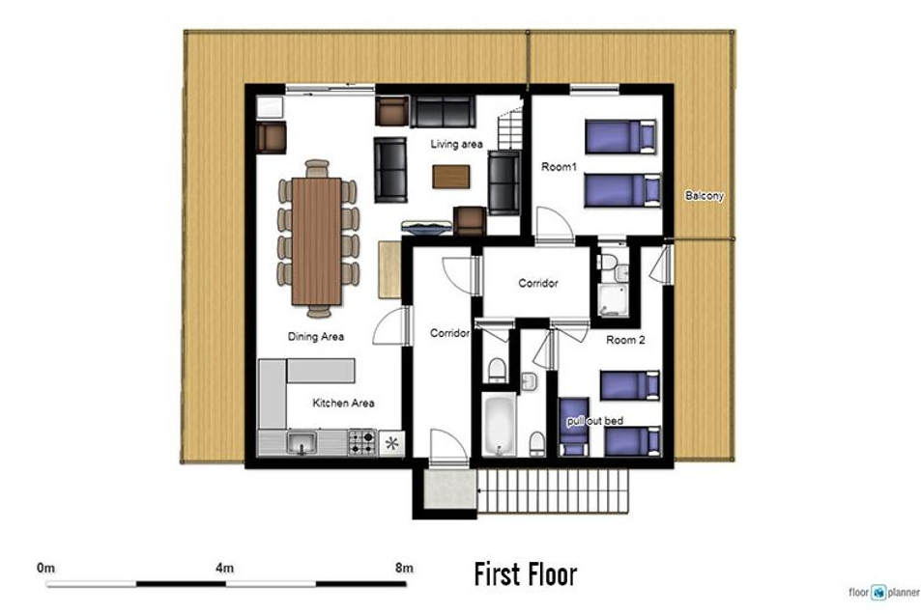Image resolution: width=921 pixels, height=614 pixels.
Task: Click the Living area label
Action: coord(456,144)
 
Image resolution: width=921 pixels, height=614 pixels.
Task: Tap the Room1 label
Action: coord(559,167)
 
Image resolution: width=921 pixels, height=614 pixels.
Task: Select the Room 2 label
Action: coord(625,340)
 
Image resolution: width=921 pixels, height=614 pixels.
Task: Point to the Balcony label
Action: coord(705,195)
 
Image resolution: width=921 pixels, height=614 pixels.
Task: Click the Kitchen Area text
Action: coord(343,403)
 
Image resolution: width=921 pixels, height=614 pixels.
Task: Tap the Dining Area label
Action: coord(315,336)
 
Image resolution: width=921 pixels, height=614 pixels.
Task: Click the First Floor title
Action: coord(525,574)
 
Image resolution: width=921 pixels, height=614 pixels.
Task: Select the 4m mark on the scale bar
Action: coord(224,568)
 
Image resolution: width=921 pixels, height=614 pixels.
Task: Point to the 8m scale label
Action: coord(404,568)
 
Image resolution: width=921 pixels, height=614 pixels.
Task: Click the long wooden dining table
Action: coord(317,240)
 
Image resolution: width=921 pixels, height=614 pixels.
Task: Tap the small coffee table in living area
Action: coord(451,177)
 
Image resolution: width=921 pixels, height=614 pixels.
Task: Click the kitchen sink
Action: coord(302,442)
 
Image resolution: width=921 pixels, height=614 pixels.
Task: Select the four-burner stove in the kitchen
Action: coord(361,442)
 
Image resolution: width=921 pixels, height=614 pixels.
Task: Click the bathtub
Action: coord(500,425)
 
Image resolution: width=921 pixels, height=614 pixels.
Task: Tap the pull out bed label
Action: coord(595,421)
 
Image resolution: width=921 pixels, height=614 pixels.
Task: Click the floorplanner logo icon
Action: coord(878,593)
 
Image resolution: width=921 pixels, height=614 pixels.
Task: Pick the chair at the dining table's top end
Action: coord(317,168)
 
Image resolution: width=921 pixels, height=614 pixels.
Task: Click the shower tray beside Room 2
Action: coord(613,300)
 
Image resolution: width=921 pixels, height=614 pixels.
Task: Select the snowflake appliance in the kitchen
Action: coord(391,443)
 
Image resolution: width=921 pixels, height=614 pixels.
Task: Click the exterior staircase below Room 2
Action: coord(553,490)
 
